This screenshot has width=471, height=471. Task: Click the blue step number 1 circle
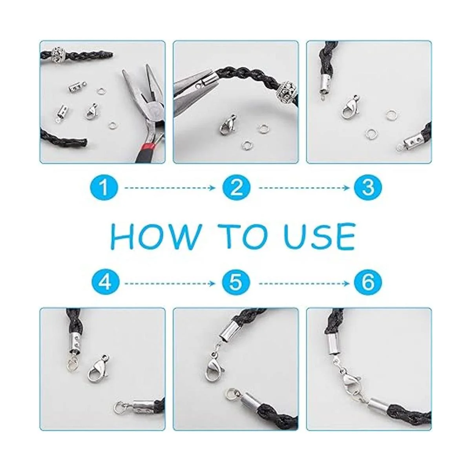point(104,188)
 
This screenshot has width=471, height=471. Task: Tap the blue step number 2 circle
point(236,188)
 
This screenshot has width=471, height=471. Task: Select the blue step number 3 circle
point(368,188)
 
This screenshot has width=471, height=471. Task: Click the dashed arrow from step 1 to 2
point(170,188)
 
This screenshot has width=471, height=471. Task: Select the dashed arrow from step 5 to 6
point(304,283)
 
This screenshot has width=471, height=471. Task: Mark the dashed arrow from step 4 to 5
point(170,283)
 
